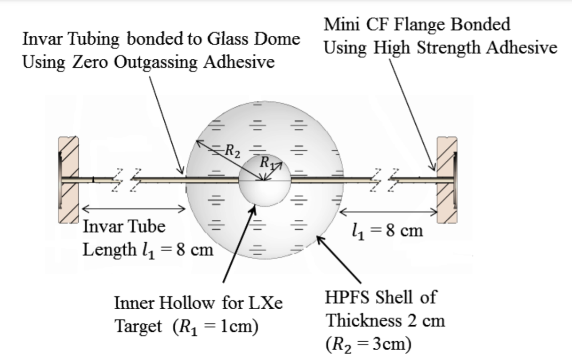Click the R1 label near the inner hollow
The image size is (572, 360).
tap(267, 163)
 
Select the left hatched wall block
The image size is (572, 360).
tap(68, 179)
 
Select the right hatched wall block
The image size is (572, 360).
tap(447, 179)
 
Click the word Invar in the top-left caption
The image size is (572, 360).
tap(40, 40)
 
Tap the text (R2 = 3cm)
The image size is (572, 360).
tap(368, 344)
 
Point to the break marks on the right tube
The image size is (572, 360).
tap(387, 179)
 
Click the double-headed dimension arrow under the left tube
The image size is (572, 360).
tap(134, 208)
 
